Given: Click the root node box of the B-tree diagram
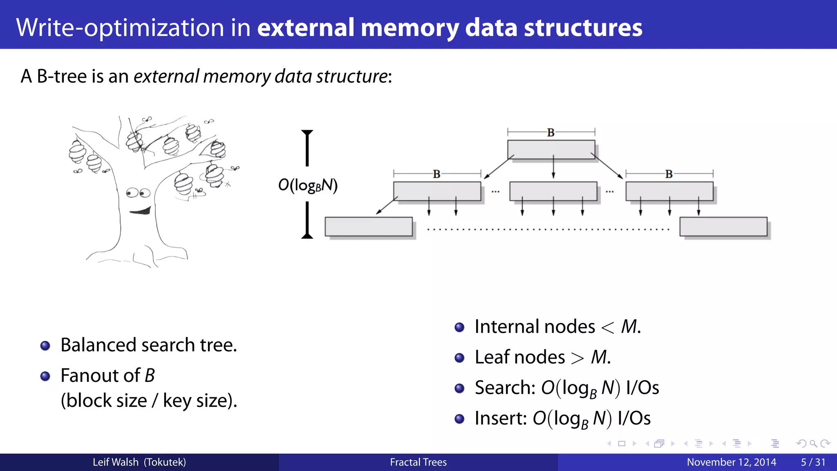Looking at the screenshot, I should pyautogui.click(x=551, y=150).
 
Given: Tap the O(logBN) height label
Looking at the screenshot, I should pyautogui.click(x=308, y=185).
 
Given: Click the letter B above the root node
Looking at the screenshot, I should pyautogui.click(x=551, y=132).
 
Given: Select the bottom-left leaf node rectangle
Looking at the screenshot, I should pyautogui.click(x=368, y=227).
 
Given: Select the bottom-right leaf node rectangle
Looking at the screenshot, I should pyautogui.click(x=723, y=227).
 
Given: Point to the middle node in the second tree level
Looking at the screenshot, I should pyautogui.click(x=553, y=191).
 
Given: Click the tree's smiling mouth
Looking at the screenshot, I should pyautogui.click(x=140, y=211).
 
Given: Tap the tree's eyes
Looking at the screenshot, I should pyautogui.click(x=138, y=193).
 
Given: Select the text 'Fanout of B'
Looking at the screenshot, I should pyautogui.click(x=107, y=375).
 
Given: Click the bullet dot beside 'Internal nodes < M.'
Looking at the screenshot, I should pyautogui.click(x=459, y=327).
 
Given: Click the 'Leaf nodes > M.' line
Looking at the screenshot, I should pyautogui.click(x=542, y=357).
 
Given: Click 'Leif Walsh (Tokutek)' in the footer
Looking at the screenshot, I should pyautogui.click(x=139, y=462).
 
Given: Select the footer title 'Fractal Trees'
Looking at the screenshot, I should pyautogui.click(x=418, y=462).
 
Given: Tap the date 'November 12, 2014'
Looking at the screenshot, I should pyautogui.click(x=731, y=462).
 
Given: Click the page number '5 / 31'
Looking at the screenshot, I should pyautogui.click(x=813, y=462).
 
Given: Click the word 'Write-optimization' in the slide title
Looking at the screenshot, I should pyautogui.click(x=120, y=28).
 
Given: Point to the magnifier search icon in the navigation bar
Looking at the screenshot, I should pyautogui.click(x=813, y=444).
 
